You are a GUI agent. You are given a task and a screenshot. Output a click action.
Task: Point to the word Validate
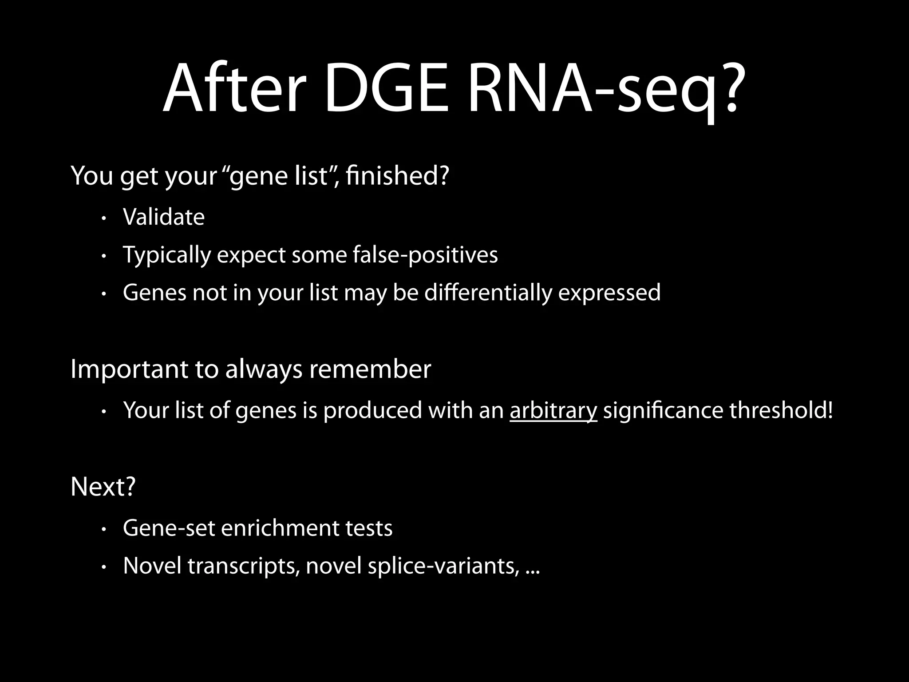click(164, 217)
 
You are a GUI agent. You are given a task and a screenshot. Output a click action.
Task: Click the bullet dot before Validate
click(103, 218)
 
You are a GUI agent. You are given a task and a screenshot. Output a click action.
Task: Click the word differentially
click(488, 293)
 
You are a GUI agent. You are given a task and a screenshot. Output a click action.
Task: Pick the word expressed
click(609, 293)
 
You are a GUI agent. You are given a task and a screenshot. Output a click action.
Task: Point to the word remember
click(370, 369)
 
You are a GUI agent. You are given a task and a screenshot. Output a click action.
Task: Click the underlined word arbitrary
click(553, 410)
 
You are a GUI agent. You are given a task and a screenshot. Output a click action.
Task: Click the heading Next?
click(103, 487)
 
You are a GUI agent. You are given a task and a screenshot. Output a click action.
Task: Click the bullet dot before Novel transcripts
click(103, 567)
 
